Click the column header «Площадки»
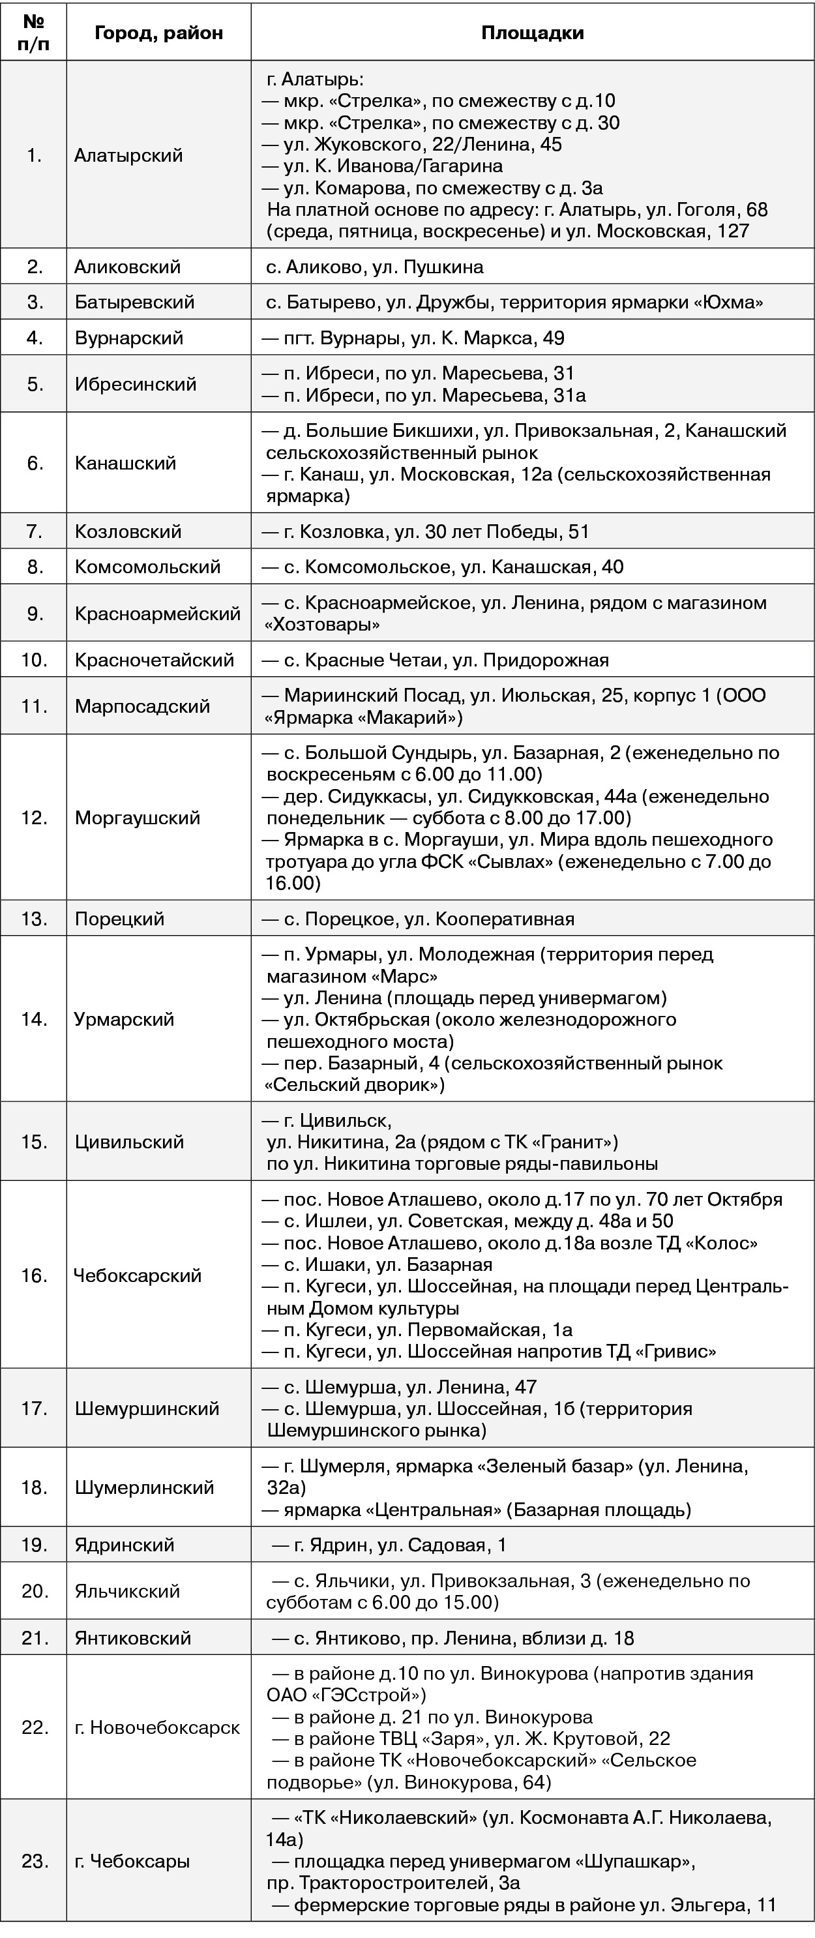[x=532, y=33]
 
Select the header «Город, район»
[x=159, y=33]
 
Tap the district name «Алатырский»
[x=128, y=155]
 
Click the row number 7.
[x=35, y=531]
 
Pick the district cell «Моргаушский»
[x=138, y=817]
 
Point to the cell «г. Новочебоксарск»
[x=157, y=1727]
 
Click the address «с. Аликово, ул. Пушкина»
[x=375, y=266]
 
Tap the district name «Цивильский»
[x=130, y=1141]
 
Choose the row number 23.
[x=35, y=1861]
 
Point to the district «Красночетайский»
[x=155, y=660]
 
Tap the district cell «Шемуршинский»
[x=147, y=1409]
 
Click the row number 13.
[x=35, y=919]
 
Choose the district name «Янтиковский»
[x=132, y=1637]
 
